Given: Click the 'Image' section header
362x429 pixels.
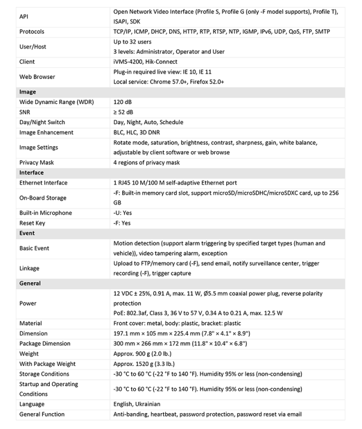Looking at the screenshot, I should point(28,92).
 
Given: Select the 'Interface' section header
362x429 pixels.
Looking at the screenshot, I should point(32,173).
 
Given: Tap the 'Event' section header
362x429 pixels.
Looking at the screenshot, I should point(27,233).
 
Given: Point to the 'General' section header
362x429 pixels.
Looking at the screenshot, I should point(30,283).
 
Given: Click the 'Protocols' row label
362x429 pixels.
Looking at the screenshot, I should point(32,32).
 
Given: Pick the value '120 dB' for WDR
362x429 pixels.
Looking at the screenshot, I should point(123,102).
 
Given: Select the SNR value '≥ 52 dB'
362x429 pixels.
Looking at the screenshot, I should point(124,112).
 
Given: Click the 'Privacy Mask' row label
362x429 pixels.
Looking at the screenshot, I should point(37,163).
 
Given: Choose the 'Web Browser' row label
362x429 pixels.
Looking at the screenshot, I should point(37,77).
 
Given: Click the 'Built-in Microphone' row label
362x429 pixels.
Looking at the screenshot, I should point(46,213).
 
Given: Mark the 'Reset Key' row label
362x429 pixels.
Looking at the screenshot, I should point(32,223).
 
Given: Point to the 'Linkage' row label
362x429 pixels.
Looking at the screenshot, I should point(31,268).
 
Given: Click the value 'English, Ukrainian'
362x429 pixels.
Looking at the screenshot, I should point(137,404).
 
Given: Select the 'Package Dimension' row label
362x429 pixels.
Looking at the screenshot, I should point(45,344).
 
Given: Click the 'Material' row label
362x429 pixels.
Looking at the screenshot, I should point(31,323).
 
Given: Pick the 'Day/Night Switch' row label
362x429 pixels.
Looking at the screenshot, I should point(42,122).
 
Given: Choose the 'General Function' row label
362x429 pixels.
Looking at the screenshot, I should point(42,414).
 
